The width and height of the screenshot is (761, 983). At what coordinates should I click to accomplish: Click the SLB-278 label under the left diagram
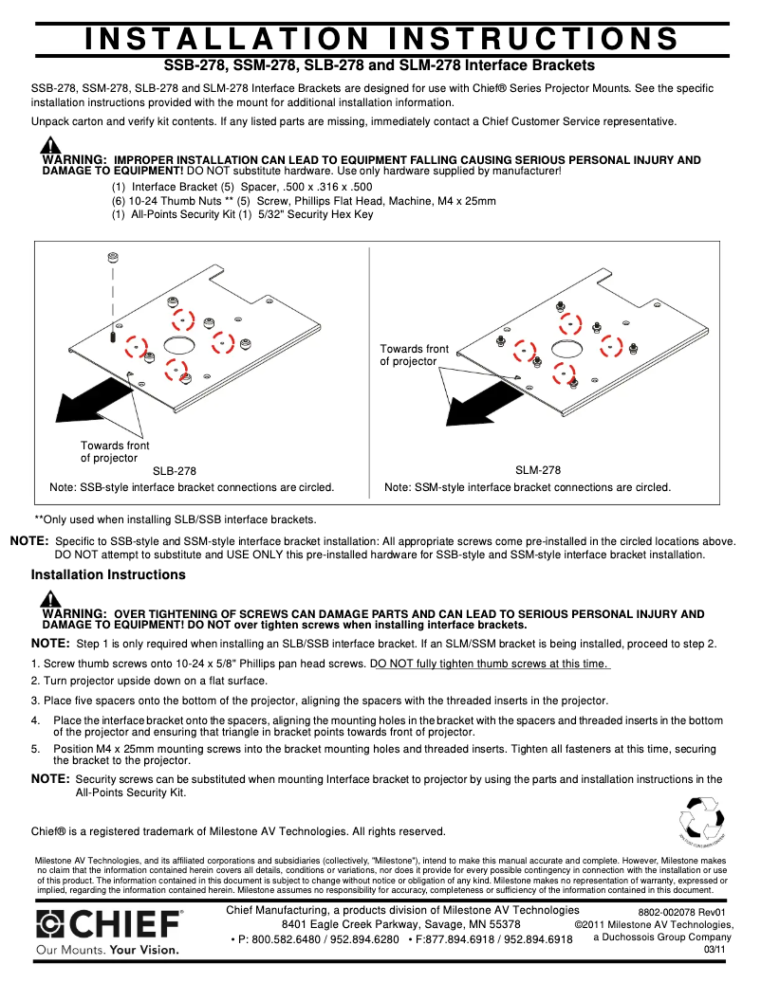175,470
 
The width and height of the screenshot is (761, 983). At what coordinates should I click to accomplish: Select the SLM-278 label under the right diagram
538,470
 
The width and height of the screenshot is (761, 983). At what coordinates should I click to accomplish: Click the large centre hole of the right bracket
566,348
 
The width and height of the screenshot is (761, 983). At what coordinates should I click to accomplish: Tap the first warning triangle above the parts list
50,147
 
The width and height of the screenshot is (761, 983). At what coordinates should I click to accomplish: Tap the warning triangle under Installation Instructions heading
50,600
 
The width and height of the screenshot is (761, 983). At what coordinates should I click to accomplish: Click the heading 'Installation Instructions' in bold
108,575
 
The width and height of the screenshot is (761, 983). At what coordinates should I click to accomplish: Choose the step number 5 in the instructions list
34,748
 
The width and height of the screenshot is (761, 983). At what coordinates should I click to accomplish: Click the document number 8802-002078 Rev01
681,913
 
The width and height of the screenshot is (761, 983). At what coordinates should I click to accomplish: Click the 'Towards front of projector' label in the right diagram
415,355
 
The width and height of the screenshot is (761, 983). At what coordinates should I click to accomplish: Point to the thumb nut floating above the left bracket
113,257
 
